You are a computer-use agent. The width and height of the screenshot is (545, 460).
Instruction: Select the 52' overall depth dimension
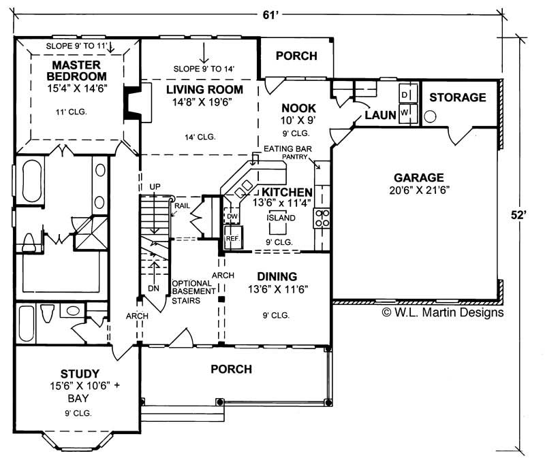click(x=520, y=214)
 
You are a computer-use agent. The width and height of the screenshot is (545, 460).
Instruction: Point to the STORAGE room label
click(x=457, y=97)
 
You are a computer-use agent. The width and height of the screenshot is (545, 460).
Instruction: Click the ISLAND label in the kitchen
click(x=281, y=218)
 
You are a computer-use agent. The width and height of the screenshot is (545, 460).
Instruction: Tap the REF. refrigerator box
click(x=232, y=239)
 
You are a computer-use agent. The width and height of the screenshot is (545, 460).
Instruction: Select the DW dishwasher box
click(x=232, y=216)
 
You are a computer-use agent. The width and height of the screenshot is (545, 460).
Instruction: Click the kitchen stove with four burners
click(x=322, y=218)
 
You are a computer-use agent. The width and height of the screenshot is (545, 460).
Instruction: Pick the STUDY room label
click(x=80, y=374)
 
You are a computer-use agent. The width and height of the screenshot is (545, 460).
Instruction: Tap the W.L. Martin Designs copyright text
click(x=442, y=312)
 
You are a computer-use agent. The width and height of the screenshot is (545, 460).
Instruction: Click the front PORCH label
click(x=231, y=369)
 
